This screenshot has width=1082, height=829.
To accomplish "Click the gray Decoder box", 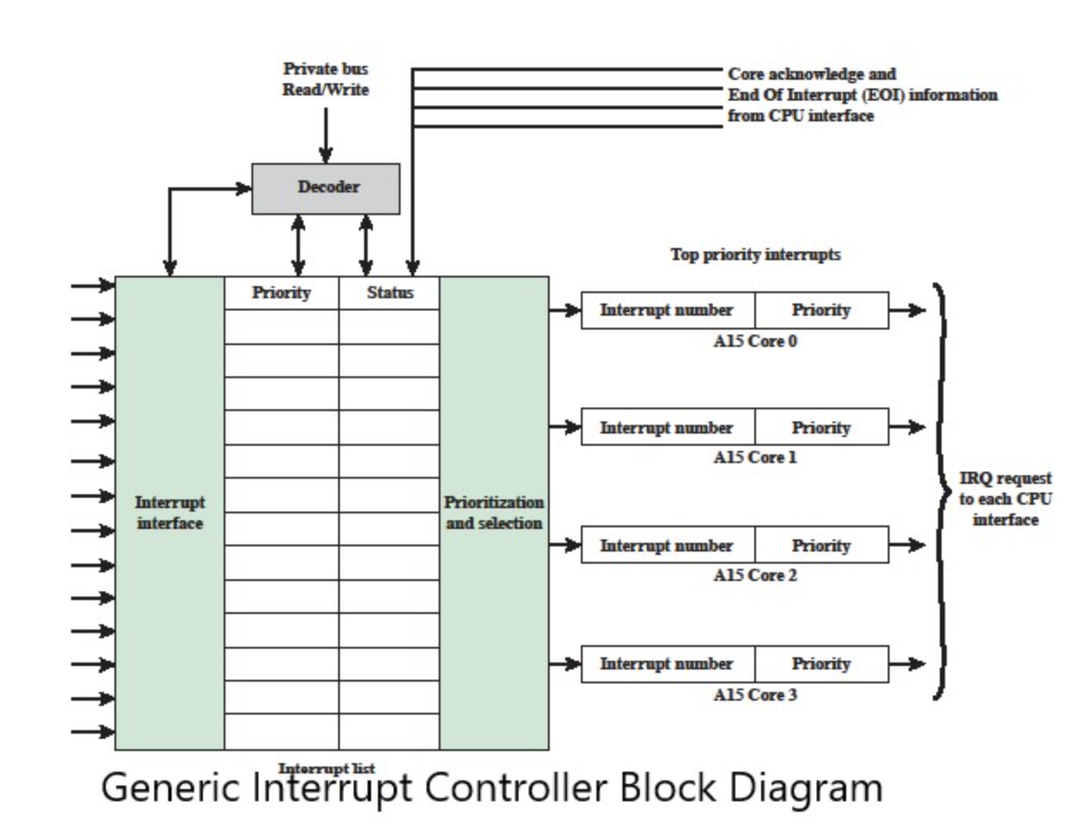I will [326, 188].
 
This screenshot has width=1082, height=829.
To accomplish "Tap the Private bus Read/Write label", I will [325, 79].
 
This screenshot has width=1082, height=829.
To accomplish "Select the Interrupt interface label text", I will [170, 512].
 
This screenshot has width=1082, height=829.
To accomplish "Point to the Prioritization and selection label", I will [493, 512].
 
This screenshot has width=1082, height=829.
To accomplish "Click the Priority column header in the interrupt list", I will [281, 293].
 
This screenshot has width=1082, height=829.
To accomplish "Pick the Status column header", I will [389, 293].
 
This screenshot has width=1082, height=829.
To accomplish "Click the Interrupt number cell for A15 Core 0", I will [667, 310].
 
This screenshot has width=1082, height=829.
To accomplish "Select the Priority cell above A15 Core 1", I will [821, 428].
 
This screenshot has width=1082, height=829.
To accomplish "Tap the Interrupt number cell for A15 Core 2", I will [667, 545].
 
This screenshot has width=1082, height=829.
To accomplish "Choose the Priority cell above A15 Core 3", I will [821, 664].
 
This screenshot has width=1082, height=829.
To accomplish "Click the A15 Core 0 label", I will [755, 342].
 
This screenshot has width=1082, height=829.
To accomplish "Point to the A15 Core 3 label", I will [755, 695].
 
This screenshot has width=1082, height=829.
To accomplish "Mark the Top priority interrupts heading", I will [755, 255].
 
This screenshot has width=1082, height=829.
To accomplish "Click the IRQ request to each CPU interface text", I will [1005, 499].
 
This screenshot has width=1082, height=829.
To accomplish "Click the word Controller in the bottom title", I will [517, 787].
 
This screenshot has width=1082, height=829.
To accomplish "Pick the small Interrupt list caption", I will [326, 767].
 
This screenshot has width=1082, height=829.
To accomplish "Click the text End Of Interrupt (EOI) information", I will [862, 95].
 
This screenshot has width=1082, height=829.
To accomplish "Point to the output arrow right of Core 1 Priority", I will [907, 427].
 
